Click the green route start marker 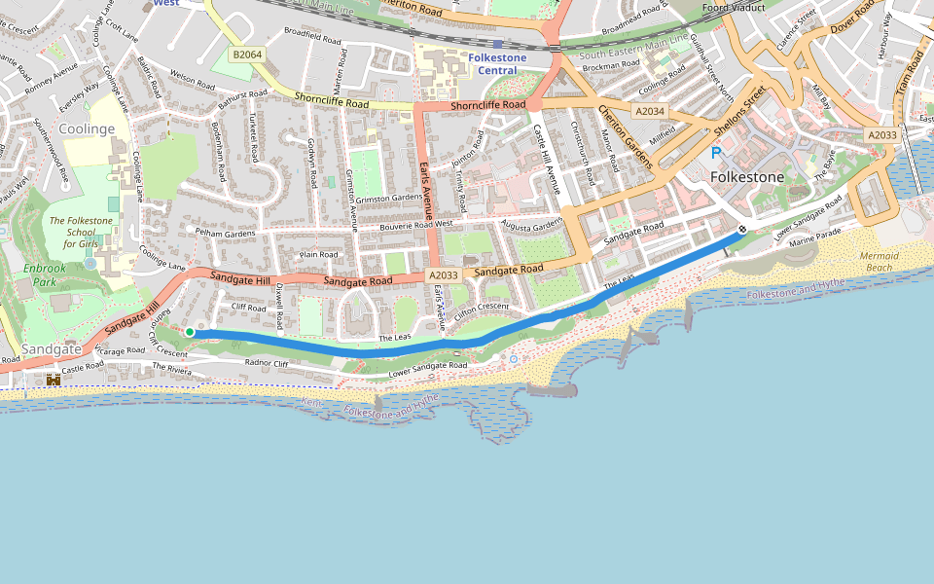pos(190,333)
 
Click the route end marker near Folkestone pos(742,230)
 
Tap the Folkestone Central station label pos(497,64)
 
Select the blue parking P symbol pos(717,154)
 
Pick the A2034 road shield pos(650,111)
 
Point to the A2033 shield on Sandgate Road pos(443,276)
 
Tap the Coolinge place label pos(87,128)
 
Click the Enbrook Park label pos(44,275)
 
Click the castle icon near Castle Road pos(53,380)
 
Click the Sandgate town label pos(52,348)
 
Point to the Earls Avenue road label pos(425,191)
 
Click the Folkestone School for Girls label pos(81,232)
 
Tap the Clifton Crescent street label pos(482,308)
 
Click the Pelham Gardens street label pos(225,234)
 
